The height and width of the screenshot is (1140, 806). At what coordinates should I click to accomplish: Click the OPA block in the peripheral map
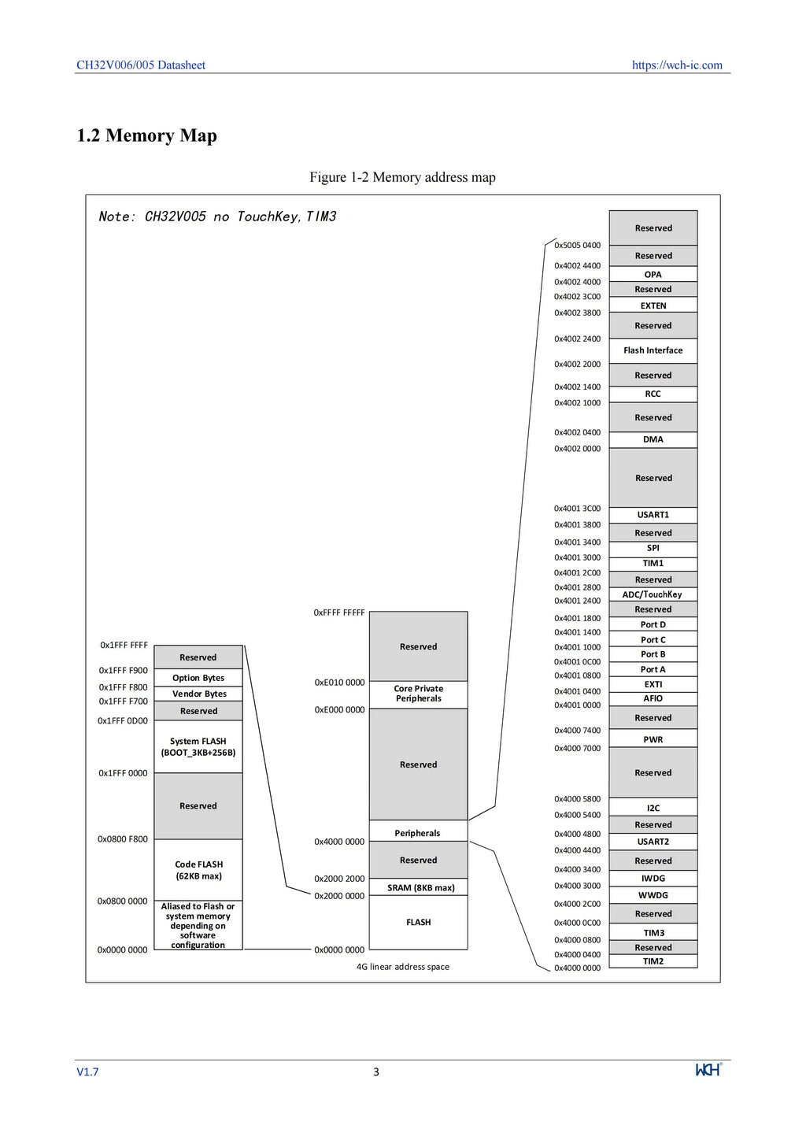pyautogui.click(x=653, y=274)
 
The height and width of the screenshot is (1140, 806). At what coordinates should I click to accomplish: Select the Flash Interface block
pyautogui.click(x=653, y=350)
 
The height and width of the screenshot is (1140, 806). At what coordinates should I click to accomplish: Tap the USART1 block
pyautogui.click(x=653, y=515)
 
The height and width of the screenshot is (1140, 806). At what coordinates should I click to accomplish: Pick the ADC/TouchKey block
pyautogui.click(x=653, y=594)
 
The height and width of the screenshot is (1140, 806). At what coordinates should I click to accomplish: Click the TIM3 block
pyautogui.click(x=653, y=932)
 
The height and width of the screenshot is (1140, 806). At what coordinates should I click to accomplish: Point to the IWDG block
pyautogui.click(x=653, y=878)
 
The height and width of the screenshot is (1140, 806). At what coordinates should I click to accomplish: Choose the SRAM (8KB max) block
pyautogui.click(x=418, y=887)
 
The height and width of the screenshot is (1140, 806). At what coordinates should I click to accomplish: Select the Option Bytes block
pyautogui.click(x=198, y=678)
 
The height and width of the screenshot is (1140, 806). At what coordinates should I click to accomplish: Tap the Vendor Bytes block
pyautogui.click(x=198, y=694)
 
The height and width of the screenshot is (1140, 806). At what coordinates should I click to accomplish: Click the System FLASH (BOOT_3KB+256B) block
pyautogui.click(x=198, y=746)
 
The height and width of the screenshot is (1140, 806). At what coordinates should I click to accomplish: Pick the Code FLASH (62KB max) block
pyautogui.click(x=198, y=870)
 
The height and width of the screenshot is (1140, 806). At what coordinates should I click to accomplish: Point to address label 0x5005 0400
pyautogui.click(x=577, y=246)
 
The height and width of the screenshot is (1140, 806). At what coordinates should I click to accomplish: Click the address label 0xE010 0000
pyautogui.click(x=339, y=683)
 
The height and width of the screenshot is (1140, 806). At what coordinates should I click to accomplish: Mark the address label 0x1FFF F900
pyautogui.click(x=123, y=670)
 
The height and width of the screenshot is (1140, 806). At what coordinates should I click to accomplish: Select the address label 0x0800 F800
pyautogui.click(x=123, y=839)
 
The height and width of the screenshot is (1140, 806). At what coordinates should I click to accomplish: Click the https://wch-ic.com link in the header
pyautogui.click(x=677, y=65)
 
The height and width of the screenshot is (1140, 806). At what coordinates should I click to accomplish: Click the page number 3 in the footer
pyautogui.click(x=376, y=1072)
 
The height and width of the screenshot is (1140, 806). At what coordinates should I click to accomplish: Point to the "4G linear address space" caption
pyautogui.click(x=402, y=967)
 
